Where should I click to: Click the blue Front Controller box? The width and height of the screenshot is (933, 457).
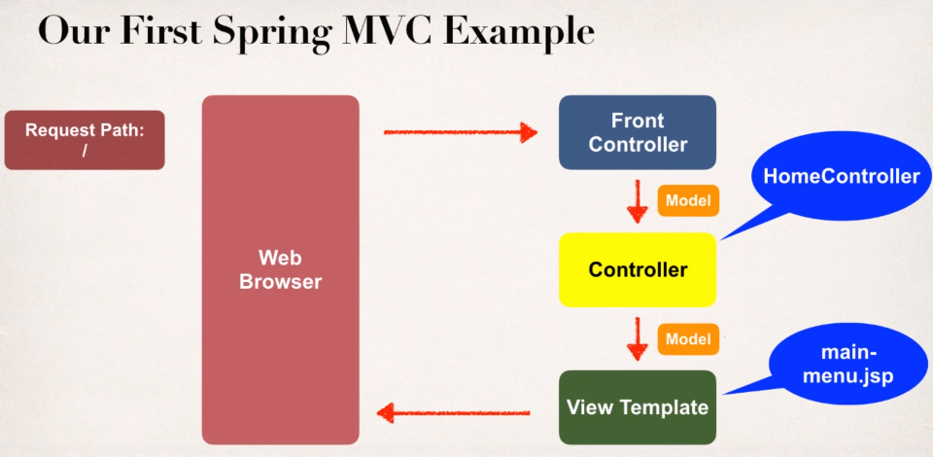coord(638,132)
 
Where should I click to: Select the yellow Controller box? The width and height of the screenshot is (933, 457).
coord(638,269)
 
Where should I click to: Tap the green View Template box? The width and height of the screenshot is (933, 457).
coord(638,407)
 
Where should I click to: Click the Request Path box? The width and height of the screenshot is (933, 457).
coord(85,140)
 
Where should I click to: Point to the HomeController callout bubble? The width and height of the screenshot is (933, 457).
coord(841,177)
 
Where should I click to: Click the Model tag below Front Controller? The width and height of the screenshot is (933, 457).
coord(688,200)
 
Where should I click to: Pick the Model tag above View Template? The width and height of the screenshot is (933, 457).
coord(688,339)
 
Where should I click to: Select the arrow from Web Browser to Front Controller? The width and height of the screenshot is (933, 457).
coord(461,131)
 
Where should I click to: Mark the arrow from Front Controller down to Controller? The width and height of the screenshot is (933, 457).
coord(638,200)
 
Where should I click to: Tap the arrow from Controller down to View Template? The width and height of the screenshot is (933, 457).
coord(638,338)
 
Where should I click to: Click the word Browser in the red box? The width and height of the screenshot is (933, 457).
coord(280,283)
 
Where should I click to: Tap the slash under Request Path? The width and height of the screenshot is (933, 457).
coord(85,151)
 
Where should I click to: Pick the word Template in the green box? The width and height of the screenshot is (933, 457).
coord(665,407)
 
